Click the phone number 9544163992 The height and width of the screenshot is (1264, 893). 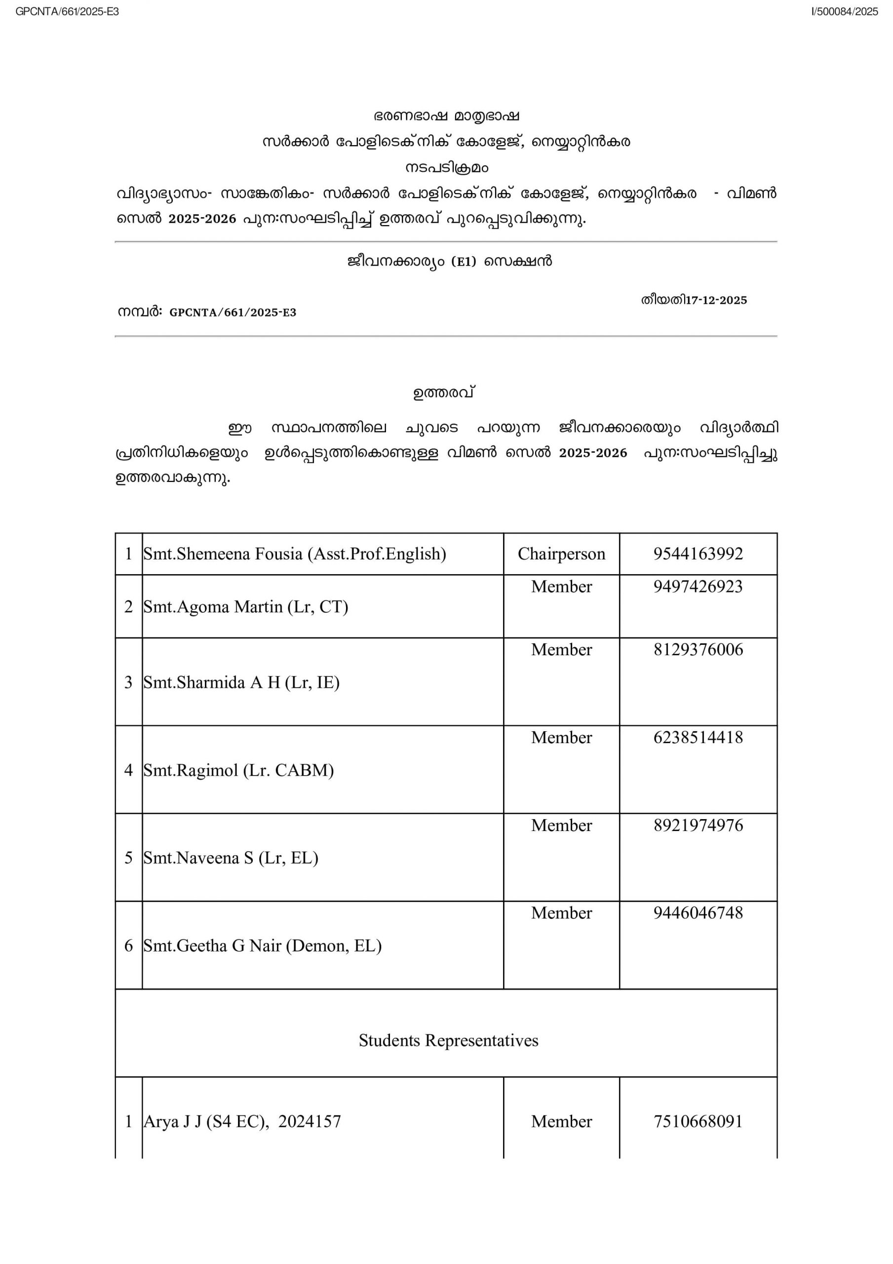[x=698, y=553]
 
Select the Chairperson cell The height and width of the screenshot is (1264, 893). [x=561, y=553]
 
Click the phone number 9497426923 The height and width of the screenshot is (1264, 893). [x=698, y=586]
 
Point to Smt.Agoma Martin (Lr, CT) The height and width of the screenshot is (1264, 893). [x=245, y=606]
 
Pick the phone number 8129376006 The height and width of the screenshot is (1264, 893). [x=698, y=650]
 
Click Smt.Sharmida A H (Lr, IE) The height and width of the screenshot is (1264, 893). [x=241, y=682]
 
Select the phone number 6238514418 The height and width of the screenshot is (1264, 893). [x=698, y=737]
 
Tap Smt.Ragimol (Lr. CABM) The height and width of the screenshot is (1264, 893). [x=238, y=770]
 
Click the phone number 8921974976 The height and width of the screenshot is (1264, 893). [x=698, y=825]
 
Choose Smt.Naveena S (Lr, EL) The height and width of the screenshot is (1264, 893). [x=231, y=857]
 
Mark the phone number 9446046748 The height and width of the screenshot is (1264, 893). [x=698, y=912]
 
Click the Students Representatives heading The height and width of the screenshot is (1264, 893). [x=448, y=1040]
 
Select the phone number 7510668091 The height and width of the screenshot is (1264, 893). [x=698, y=1121]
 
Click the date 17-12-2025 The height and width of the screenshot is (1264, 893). [x=716, y=300]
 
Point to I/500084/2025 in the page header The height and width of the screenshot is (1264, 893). [x=844, y=11]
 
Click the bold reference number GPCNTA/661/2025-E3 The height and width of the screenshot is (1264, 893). [x=233, y=313]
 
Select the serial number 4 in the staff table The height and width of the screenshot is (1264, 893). [x=128, y=770]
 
